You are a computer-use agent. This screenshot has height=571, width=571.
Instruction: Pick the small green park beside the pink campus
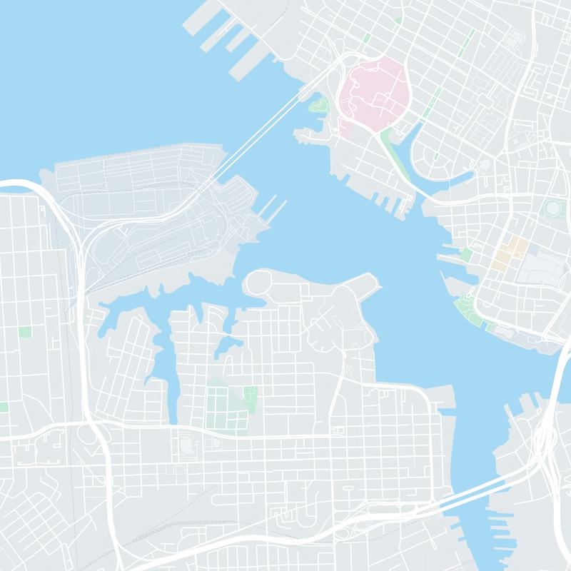click(319, 108)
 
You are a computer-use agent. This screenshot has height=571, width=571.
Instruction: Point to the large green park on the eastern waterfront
click(468, 310)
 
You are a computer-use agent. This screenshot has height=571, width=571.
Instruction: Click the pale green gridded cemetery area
click(223, 404)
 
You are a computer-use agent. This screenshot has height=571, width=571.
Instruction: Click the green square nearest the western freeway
click(25, 332)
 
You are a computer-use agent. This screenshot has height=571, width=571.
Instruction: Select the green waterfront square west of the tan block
click(467, 255)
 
